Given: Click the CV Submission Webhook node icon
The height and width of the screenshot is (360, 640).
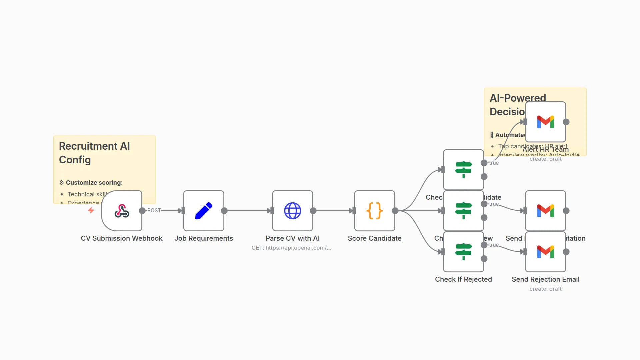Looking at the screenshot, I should point(122,211).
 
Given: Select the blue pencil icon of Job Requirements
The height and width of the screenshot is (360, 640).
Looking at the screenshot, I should point(204,211).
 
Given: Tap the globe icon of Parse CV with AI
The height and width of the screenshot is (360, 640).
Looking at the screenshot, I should point(292,211).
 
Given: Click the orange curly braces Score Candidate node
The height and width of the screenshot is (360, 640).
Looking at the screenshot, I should point(374,211).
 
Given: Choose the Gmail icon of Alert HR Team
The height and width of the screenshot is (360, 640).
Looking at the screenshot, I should point(545,122).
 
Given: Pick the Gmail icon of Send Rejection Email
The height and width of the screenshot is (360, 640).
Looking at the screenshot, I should point(545,252).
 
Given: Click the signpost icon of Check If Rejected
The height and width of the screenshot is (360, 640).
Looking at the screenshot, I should point(463,252).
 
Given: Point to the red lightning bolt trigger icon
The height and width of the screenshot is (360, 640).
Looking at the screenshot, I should point(91,210).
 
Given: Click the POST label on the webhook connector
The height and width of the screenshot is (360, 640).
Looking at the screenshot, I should point(154,210).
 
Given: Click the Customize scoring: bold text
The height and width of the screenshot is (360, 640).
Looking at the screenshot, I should point(94,183).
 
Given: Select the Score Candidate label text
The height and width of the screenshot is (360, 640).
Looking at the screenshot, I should point(374,238).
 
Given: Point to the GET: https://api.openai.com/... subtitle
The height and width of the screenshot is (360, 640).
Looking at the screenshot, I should point(291,248).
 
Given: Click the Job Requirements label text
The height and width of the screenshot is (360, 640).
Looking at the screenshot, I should point(204,238).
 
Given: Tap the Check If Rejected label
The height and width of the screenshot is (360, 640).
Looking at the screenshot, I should point(463,279).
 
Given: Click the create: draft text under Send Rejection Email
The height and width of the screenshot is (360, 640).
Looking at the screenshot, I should point(545,289).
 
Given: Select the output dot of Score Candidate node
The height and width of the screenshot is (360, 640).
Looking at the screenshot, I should point(395,211).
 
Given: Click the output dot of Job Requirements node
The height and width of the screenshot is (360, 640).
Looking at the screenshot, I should point(224,211).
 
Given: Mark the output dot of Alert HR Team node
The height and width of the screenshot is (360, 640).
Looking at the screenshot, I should point(566,122).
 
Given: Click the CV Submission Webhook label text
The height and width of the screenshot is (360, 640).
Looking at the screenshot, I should point(122,238).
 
